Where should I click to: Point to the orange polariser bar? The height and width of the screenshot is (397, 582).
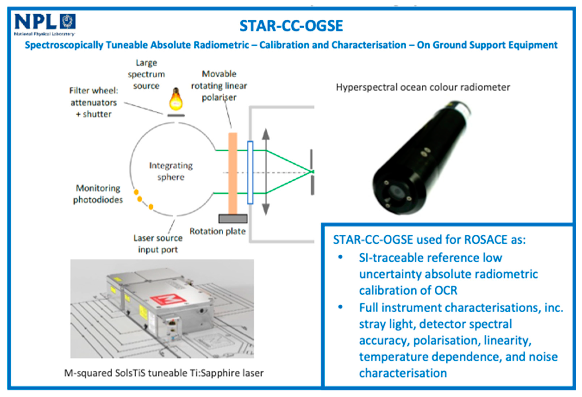(233, 173)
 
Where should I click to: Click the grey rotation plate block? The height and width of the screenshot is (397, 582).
(233, 219)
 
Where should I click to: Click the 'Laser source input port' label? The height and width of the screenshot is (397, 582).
(158, 244)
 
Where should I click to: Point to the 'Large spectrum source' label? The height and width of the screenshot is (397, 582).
(146, 74)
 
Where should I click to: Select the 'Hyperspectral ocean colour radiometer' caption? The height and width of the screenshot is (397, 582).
(423, 87)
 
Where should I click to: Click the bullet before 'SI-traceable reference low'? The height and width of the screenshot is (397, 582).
(340, 257)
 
